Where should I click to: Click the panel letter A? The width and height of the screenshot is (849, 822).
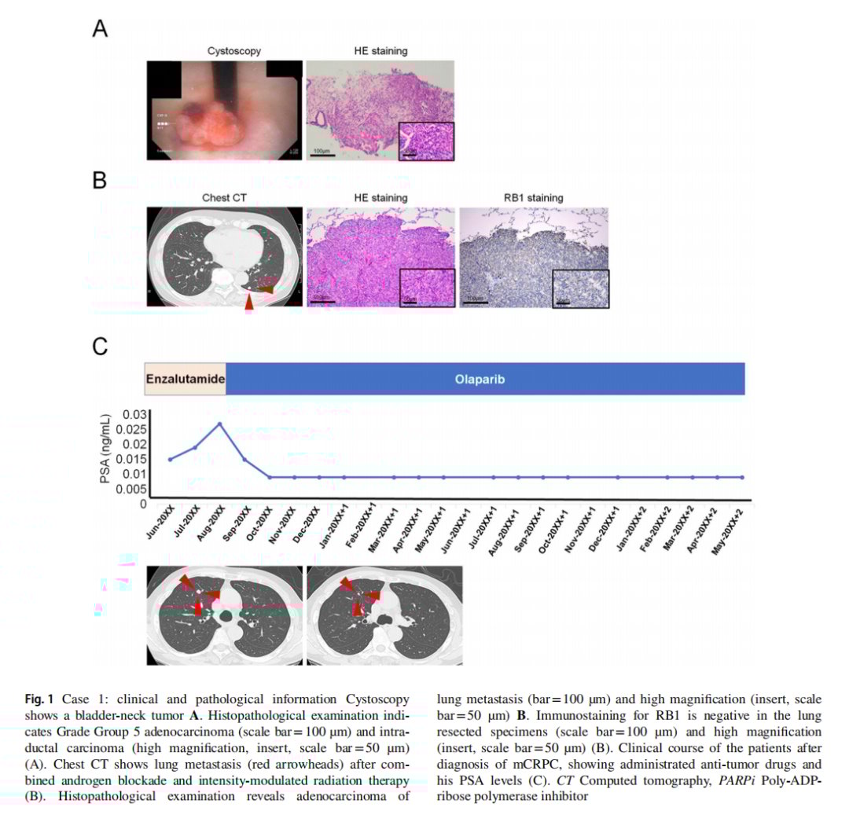[100, 29]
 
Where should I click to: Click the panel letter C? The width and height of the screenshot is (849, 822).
[101, 346]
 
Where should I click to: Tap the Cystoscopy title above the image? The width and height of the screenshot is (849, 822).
[234, 52]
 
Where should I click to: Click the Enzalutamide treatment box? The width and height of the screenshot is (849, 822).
[185, 379]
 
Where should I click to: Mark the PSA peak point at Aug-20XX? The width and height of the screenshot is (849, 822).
[220, 424]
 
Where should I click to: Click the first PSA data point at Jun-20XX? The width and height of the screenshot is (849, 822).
[171, 459]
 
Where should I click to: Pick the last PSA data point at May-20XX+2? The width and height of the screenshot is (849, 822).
[742, 477]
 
